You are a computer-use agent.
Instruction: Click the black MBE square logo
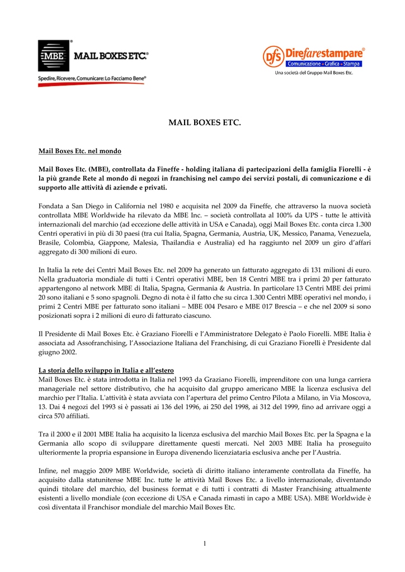(x=54, y=56)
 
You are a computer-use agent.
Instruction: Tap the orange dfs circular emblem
(x=274, y=56)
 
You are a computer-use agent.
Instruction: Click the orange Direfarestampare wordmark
(x=324, y=54)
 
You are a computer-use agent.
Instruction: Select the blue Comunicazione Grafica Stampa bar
(x=324, y=64)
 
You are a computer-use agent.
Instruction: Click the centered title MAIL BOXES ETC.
(x=204, y=122)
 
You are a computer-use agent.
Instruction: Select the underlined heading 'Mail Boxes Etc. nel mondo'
(x=79, y=151)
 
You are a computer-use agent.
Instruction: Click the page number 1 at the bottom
(x=205, y=544)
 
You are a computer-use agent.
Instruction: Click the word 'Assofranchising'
(x=98, y=344)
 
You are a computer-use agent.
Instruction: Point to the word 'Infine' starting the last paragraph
(x=48, y=471)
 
